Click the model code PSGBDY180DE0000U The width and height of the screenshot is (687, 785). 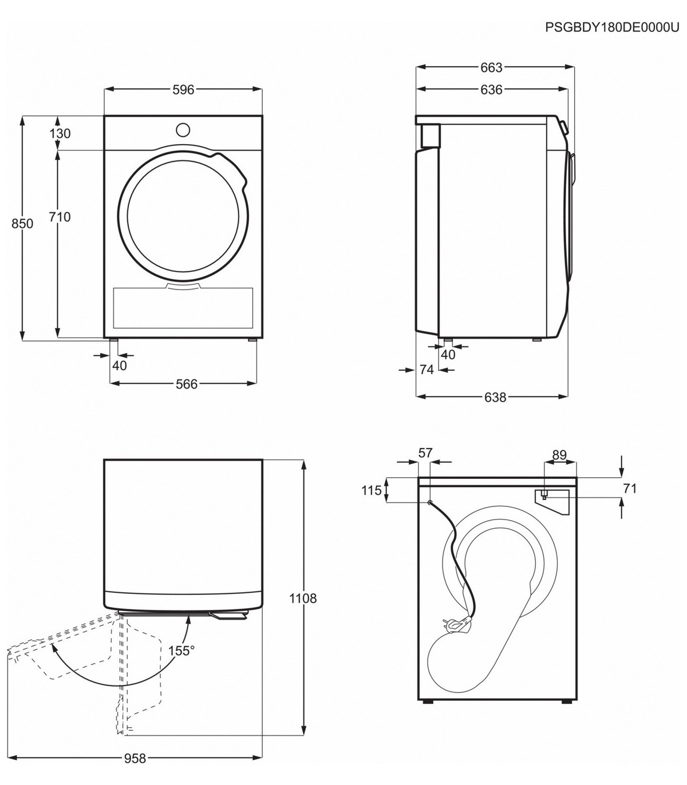[x=612, y=27]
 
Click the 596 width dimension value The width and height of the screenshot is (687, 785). [x=183, y=90]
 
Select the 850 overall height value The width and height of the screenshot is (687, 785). [x=22, y=224]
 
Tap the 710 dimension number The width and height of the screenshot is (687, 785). [x=60, y=217]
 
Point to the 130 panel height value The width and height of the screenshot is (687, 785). [x=60, y=133]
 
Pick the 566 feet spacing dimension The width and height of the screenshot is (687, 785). [x=187, y=384]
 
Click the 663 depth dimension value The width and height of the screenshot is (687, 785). [x=491, y=68]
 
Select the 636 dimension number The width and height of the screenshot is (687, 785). [x=491, y=90]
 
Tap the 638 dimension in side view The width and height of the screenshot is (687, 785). [x=495, y=398]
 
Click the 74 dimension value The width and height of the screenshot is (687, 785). [x=427, y=370]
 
